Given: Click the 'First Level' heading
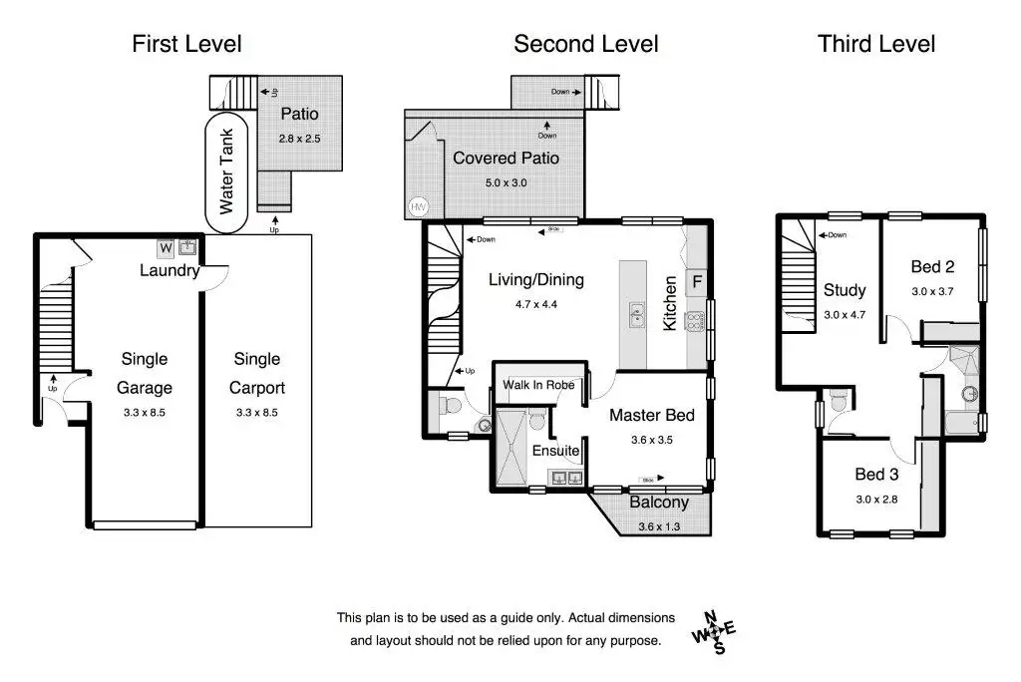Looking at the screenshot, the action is point(186,44).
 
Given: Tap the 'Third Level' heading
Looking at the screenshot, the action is point(876,44).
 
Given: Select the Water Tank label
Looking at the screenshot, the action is point(226,171).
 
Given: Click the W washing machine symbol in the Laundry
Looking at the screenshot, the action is point(167,248).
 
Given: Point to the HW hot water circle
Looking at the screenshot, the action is point(418,207).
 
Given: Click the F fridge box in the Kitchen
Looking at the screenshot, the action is point(697,282).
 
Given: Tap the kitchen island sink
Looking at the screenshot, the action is point(636,316).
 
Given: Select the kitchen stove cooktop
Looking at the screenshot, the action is point(695,321).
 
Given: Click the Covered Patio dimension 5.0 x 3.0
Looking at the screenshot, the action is point(506,183).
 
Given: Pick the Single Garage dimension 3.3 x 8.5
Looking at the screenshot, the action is point(145,413).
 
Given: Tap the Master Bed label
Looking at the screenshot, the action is point(652,415).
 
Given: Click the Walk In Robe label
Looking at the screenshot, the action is point(538,385).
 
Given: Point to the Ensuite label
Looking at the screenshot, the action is point(555,451).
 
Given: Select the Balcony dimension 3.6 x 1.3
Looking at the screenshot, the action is point(659,527).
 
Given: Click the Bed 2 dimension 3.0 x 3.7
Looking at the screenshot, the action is point(932,292).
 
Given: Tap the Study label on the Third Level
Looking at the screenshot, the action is point(845,290).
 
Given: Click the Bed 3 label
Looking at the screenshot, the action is point(876,475).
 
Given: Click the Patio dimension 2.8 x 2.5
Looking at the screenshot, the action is point(299,139).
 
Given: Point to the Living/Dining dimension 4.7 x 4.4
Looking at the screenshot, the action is point(535,304).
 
